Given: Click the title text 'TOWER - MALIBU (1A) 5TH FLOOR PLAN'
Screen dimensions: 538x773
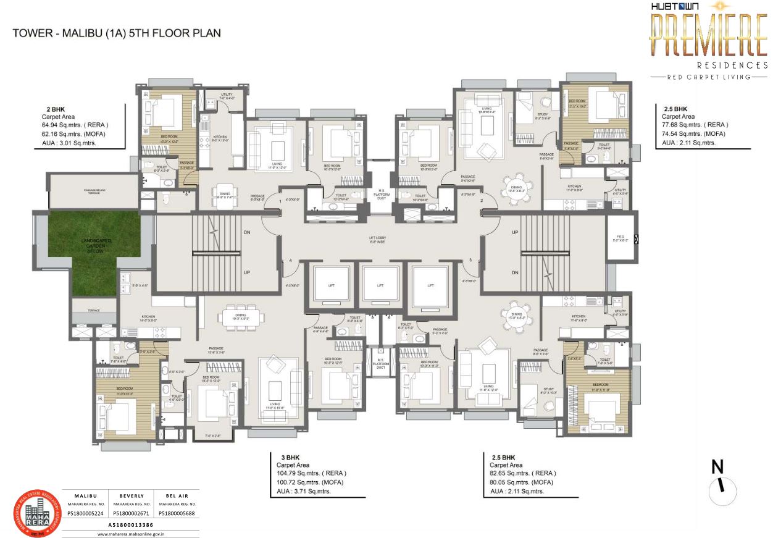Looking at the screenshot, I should [x=117, y=33].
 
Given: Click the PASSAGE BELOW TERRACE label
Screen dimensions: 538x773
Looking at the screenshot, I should [x=93, y=192].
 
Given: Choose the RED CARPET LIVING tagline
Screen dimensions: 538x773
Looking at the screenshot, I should [x=708, y=77].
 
